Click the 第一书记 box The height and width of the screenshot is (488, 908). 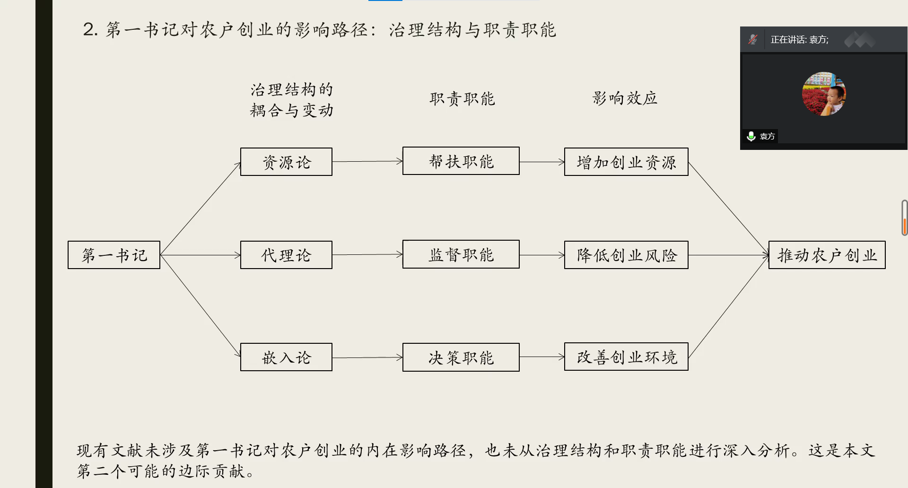pos(114,255)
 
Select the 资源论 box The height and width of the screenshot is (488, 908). pos(286,162)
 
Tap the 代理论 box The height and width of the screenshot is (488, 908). pos(286,255)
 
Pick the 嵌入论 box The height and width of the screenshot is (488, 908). pos(286,357)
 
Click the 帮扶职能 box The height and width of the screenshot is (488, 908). pos(461,161)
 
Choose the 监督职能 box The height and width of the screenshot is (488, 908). pos(461,254)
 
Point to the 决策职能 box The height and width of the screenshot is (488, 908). pos(461,357)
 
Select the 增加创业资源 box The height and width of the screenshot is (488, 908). pos(626,162)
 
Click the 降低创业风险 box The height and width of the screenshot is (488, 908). pos(626,255)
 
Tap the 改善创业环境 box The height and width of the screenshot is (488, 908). pos(626,357)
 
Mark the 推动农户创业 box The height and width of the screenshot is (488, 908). pos(827,255)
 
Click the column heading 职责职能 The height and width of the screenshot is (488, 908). pos(462,98)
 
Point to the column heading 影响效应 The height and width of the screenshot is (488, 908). pos(625,98)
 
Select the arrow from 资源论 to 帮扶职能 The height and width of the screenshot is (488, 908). pos(367,161)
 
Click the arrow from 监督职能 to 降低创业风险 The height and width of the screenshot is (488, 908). pos(541,255)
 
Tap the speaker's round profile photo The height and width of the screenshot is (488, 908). pos(824,94)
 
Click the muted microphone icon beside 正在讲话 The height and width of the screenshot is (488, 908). pos(753,39)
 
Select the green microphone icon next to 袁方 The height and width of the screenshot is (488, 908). pos(751,136)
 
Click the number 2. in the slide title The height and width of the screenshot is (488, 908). pos(90,30)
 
